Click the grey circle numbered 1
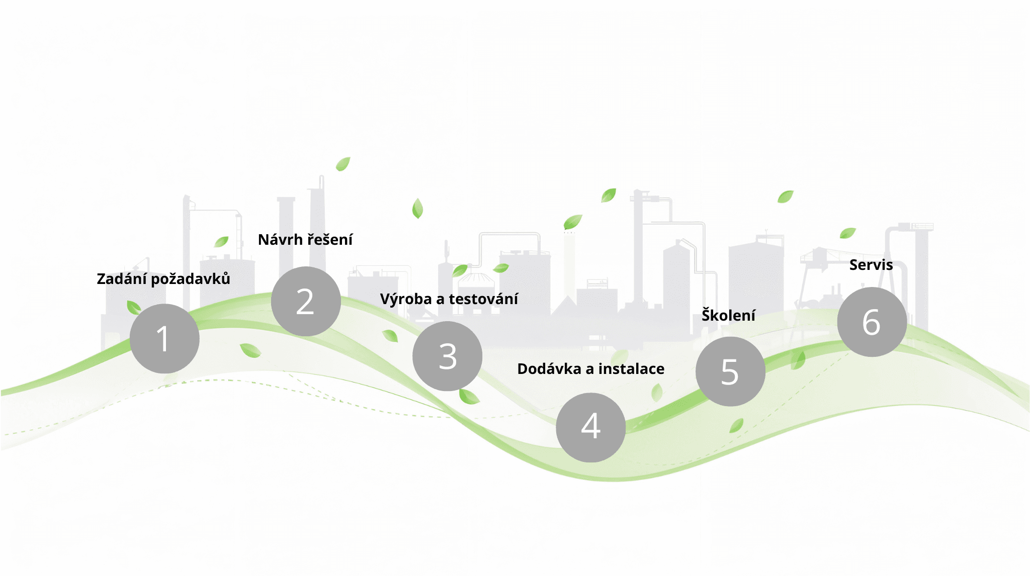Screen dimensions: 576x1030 164,338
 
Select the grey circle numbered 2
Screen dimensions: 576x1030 306,302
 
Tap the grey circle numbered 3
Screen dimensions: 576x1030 447,356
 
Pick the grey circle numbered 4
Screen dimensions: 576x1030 591,427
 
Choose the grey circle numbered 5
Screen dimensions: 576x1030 730,371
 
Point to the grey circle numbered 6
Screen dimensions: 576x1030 872,322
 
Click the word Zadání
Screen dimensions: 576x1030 121,278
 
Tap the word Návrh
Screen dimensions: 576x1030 280,240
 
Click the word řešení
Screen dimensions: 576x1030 330,240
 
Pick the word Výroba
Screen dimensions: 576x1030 406,299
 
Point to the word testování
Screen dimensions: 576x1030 483,299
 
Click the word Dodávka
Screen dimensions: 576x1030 549,369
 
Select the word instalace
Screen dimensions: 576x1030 631,369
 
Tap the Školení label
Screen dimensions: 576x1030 728,315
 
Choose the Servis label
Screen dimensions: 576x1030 871,265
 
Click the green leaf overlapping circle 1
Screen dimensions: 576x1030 134,307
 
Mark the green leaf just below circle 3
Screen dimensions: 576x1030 469,397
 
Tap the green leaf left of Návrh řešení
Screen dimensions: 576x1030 221,242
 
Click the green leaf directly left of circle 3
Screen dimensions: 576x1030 390,336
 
